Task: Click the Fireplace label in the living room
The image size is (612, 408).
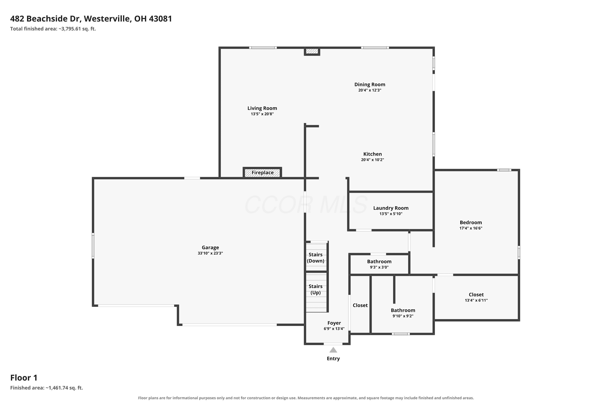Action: tap(262, 173)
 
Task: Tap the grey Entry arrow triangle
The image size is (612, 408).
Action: tap(333, 350)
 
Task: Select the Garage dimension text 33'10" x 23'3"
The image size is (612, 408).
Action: tap(210, 253)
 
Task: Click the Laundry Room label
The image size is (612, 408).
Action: tap(391, 208)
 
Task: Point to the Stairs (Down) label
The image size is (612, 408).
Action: tap(316, 258)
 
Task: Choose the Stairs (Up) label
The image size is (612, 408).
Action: tap(316, 289)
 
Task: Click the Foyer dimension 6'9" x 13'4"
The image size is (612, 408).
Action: tap(334, 329)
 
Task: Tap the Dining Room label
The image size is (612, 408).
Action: tap(370, 85)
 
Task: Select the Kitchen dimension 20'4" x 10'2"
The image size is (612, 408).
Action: tap(373, 160)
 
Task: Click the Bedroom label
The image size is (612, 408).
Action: tap(471, 223)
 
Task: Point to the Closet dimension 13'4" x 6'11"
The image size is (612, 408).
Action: tap(476, 300)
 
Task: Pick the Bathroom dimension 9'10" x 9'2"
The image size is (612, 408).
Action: tap(403, 316)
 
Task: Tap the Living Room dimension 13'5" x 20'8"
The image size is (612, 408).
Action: tap(262, 114)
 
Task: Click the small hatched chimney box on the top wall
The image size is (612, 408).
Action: tap(312, 51)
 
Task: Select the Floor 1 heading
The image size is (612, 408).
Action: tap(24, 378)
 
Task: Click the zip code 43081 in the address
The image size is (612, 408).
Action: tap(160, 19)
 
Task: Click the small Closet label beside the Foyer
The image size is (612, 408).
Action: tap(360, 305)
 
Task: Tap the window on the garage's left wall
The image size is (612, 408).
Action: tap(93, 246)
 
